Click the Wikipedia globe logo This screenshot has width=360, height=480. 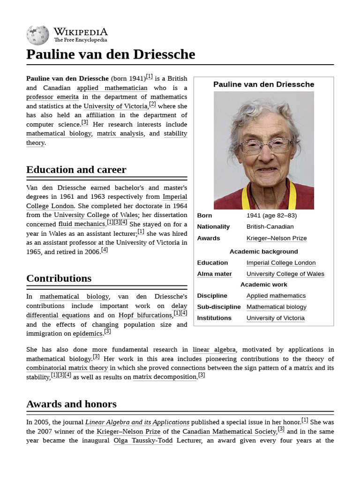coord(37,35)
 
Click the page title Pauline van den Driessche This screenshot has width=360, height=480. coord(111,54)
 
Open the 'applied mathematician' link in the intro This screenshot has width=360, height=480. coord(112,88)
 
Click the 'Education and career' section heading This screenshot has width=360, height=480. coord(76,170)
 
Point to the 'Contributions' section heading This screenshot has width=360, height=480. coord(59,278)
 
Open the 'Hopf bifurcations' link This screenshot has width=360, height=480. coord(145,315)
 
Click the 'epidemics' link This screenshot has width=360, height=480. coord(88,334)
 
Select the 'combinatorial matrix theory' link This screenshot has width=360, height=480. coord(67,368)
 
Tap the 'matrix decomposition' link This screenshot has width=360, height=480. coord(165,377)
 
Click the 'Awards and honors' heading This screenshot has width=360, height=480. coord(71,404)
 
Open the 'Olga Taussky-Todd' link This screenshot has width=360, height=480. coord(143,441)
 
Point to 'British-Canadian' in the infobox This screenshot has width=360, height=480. coord(270,227)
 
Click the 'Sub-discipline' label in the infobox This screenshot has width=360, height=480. coord(218,307)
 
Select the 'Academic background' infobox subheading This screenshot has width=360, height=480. coord(263,252)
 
